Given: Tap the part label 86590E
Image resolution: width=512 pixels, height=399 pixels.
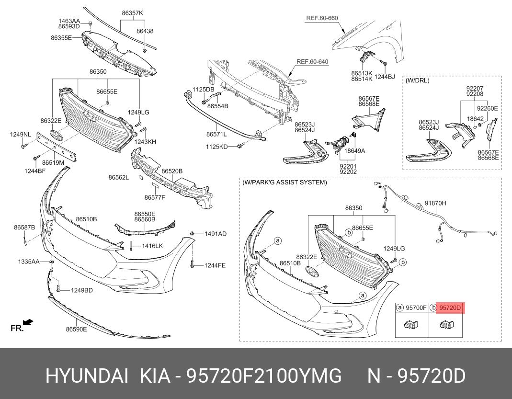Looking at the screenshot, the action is (x=77, y=329).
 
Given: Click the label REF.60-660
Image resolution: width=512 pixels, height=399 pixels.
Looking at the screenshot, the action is (x=322, y=18).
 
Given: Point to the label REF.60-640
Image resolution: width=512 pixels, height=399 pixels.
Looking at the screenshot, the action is (x=312, y=61).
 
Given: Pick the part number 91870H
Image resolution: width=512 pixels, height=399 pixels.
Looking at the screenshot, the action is (x=435, y=203).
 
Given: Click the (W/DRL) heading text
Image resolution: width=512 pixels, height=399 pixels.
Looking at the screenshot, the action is (x=418, y=80).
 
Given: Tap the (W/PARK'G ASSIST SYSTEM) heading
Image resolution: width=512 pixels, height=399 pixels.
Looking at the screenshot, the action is (x=284, y=182).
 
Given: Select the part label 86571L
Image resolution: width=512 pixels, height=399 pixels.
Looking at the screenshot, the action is (x=216, y=134).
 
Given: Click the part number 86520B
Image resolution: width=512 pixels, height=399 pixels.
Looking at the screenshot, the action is (x=171, y=171).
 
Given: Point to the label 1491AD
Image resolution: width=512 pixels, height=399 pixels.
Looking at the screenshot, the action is (x=215, y=234).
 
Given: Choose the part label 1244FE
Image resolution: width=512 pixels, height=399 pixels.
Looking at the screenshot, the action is (x=215, y=265).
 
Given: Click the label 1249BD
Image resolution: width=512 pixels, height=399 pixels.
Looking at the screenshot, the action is (x=82, y=290).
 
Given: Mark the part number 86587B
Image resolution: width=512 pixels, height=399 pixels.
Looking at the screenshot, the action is (x=24, y=227).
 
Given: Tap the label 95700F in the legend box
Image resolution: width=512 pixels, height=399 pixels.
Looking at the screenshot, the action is (x=416, y=308).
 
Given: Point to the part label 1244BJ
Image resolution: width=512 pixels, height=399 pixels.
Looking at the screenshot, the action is (x=385, y=77).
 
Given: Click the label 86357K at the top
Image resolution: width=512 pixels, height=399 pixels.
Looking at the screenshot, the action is (x=132, y=13).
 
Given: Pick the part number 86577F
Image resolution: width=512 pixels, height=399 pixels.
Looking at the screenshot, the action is (x=155, y=197).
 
